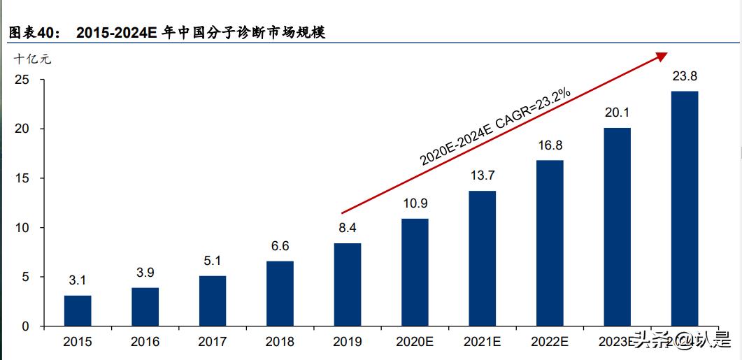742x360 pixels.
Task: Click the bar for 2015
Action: coord(78,310)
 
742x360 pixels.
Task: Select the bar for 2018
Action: coord(280,294)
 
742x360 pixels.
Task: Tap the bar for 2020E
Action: coord(415,273)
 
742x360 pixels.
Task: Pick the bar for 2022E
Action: coord(550,243)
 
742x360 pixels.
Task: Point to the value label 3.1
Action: coord(78,281)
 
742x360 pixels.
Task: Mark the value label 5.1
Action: coord(213,261)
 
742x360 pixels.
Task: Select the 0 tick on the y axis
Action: coord(25,326)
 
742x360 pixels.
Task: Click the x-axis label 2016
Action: coord(145,342)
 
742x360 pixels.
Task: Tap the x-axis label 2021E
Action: coord(483,342)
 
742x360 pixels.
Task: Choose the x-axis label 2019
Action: coord(348,342)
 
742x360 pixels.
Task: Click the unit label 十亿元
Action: coord(33,59)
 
